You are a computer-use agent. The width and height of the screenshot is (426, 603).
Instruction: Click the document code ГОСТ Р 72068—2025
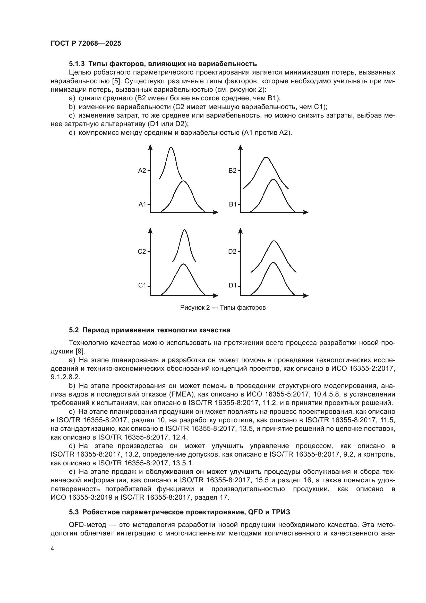pyautogui.click(x=86, y=44)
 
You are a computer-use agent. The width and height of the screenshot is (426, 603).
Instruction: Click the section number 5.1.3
pyautogui.click(x=76, y=64)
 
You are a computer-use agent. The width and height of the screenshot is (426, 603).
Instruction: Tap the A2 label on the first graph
pyautogui.click(x=142, y=171)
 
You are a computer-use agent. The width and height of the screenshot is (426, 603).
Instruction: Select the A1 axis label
pyautogui.click(x=142, y=204)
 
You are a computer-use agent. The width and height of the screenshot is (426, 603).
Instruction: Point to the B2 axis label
pyautogui.click(x=232, y=171)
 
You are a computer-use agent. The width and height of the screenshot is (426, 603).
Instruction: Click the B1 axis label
pyautogui.click(x=233, y=204)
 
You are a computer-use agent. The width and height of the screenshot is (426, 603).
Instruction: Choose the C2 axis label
pyautogui.click(x=142, y=252)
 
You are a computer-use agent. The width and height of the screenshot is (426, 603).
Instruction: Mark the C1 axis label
pyautogui.click(x=142, y=285)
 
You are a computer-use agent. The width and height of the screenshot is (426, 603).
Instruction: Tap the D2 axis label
pyautogui.click(x=232, y=252)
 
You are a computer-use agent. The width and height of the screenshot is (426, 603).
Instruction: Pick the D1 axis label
pyautogui.click(x=233, y=285)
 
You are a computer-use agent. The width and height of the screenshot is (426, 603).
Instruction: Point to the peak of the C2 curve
pyautogui.click(x=184, y=230)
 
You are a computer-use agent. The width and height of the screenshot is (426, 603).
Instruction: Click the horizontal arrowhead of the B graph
pyautogui.click(x=306, y=212)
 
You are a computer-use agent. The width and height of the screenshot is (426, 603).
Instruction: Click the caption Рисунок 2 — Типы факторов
pyautogui.click(x=223, y=308)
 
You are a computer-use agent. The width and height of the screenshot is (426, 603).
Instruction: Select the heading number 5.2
pyautogui.click(x=74, y=330)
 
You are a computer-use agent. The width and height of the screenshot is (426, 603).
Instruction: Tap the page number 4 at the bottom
pyautogui.click(x=53, y=549)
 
